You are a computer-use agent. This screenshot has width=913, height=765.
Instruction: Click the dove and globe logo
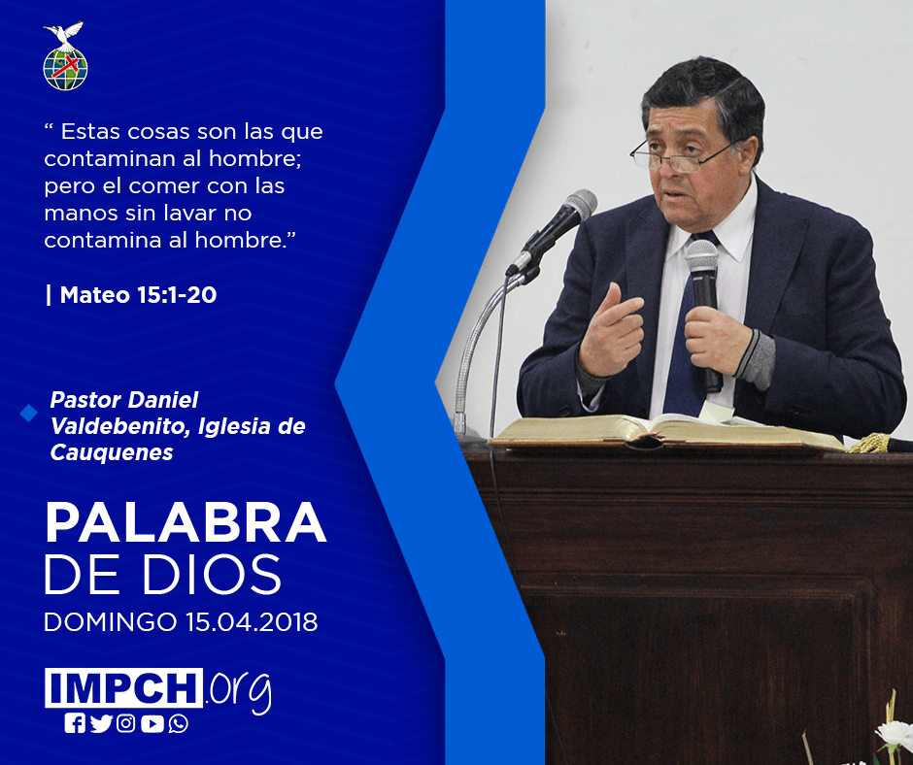pyautogui.click(x=65, y=56)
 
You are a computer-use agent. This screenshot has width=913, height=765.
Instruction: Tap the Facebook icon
pyautogui.click(x=75, y=723)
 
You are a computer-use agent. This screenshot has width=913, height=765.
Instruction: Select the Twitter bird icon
pyautogui.click(x=101, y=723)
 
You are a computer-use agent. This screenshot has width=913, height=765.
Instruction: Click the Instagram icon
pyautogui.click(x=125, y=723)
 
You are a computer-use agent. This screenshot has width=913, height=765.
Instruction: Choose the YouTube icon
pyautogui.click(x=152, y=723)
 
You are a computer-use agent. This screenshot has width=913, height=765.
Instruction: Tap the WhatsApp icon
pyautogui.click(x=178, y=723)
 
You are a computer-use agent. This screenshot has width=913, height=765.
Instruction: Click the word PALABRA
pyautogui.click(x=186, y=523)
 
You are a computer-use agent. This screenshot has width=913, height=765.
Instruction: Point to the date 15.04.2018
pyautogui.click(x=252, y=621)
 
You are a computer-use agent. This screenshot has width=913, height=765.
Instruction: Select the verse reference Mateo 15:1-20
pyautogui.click(x=138, y=294)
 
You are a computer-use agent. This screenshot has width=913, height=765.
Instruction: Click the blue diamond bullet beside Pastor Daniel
pyautogui.click(x=28, y=413)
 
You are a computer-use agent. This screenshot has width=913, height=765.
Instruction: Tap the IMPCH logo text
pyautogui.click(x=123, y=687)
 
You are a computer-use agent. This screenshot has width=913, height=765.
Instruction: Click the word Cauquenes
pyautogui.click(x=112, y=452)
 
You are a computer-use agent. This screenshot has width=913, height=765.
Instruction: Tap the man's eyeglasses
pyautogui.click(x=681, y=154)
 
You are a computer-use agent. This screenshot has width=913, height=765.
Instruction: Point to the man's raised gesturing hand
pyautogui.click(x=611, y=329)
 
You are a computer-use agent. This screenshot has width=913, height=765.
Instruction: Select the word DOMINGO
pyautogui.click(x=110, y=621)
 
